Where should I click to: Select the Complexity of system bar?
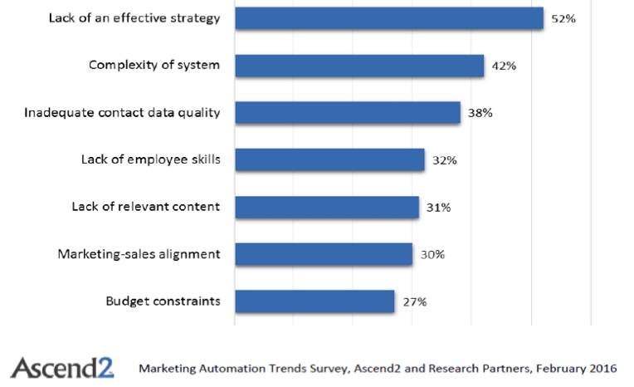(358, 66)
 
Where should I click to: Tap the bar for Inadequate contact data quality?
(347, 113)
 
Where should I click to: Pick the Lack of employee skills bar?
(329, 159)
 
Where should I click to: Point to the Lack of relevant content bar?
(326, 207)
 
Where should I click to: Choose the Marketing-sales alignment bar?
(324, 254)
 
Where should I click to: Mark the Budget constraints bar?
(315, 301)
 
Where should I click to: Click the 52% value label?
(563, 18)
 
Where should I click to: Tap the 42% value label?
(504, 66)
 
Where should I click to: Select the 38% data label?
(480, 113)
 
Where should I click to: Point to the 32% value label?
(445, 159)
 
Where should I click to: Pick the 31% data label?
(438, 207)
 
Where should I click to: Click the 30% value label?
(432, 254)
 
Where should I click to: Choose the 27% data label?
(414, 301)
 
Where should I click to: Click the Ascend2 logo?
(62, 366)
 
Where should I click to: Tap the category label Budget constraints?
(163, 301)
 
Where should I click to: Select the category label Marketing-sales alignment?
(139, 254)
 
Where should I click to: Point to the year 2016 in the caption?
(603, 366)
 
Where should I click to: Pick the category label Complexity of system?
(154, 66)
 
